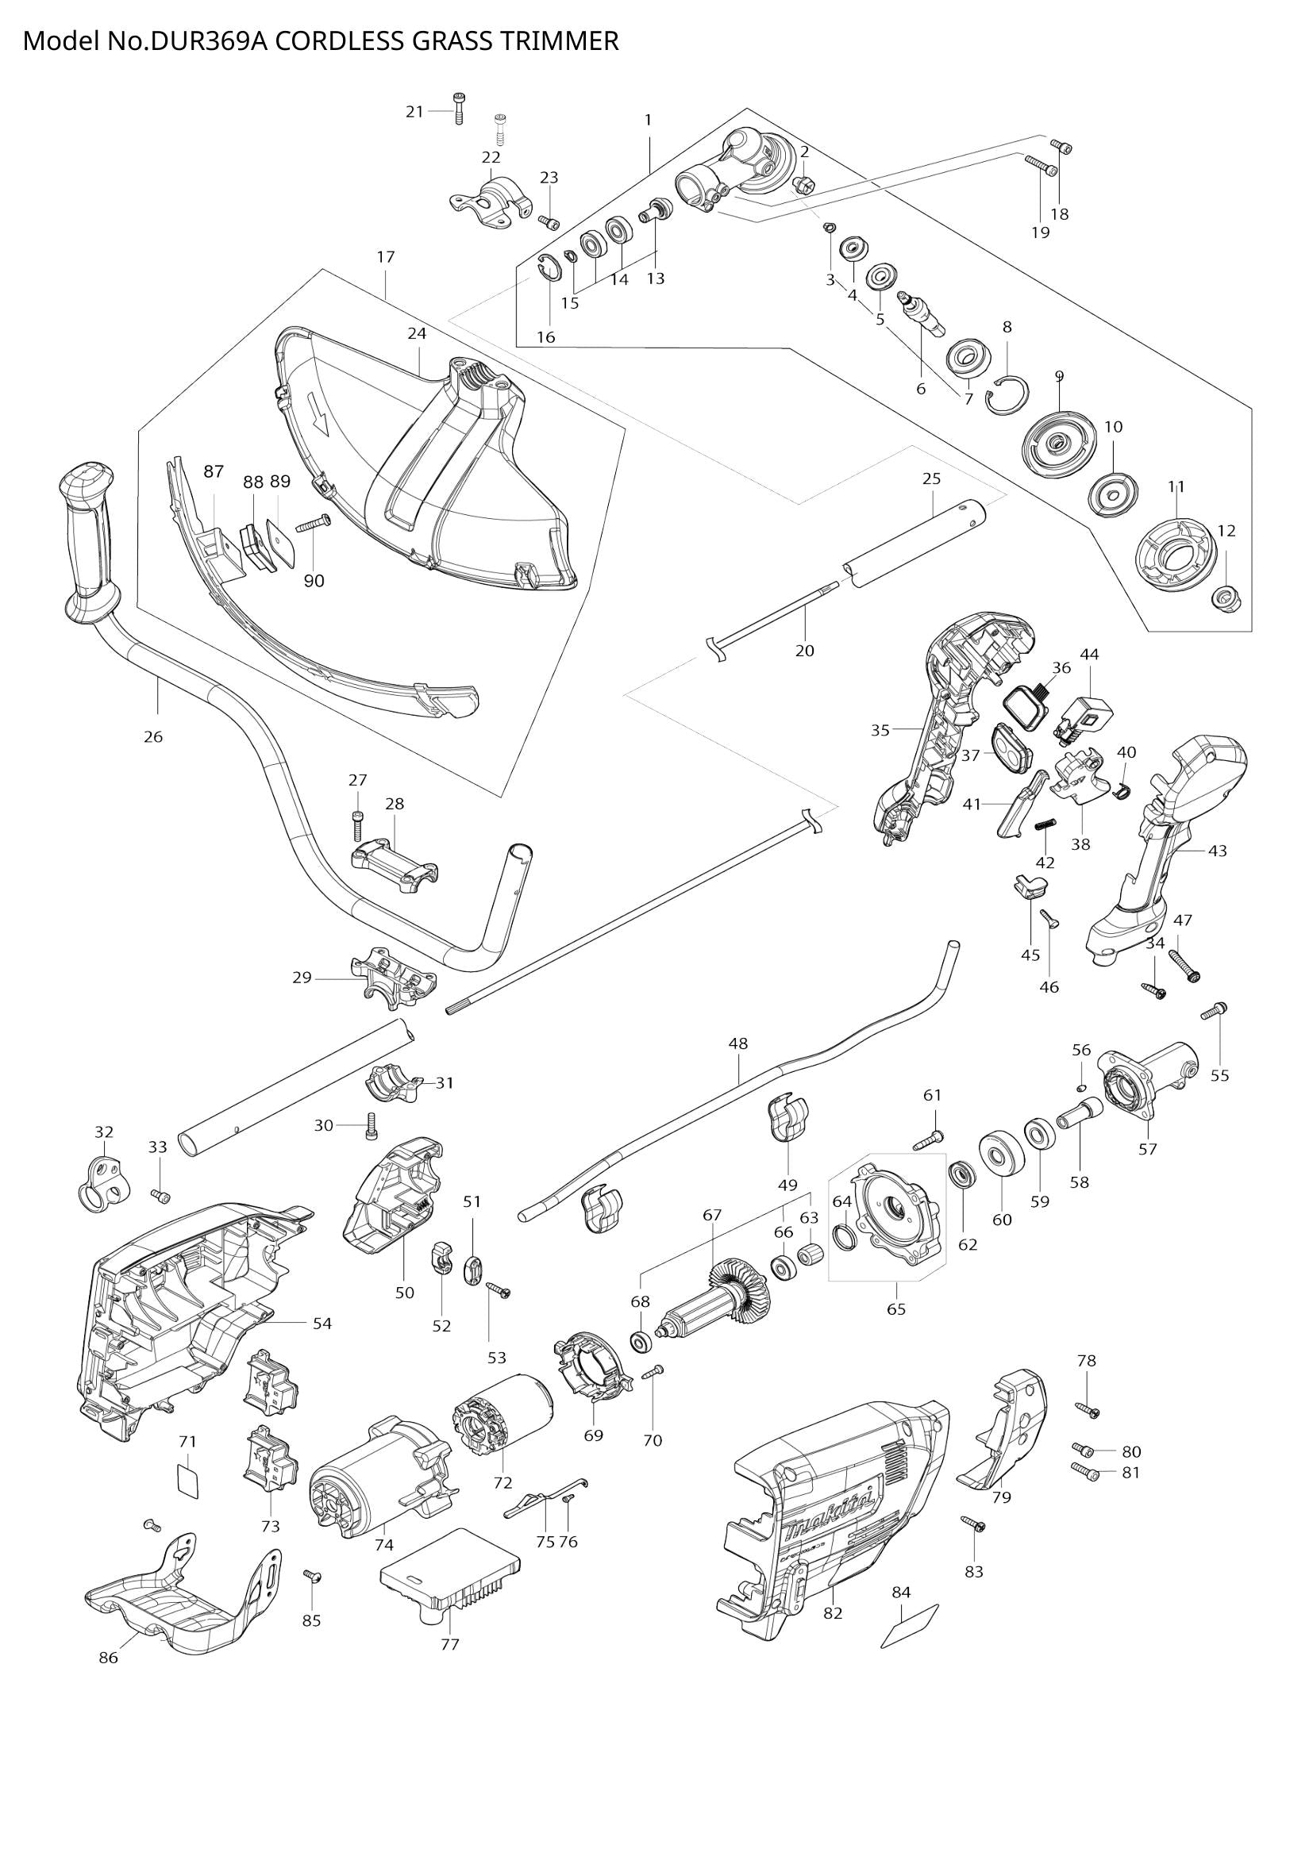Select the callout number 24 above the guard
pos(417,333)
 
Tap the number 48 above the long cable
pos(737,1043)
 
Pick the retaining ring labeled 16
pos(549,268)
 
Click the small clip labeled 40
pos(1122,789)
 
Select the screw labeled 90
pos(314,524)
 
